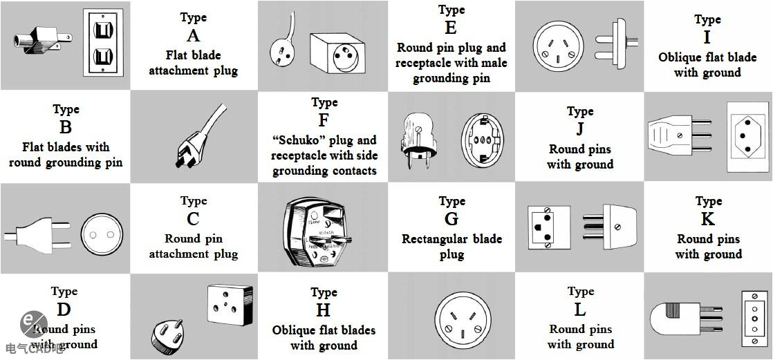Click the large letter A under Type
click(x=193, y=35)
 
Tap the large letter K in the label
click(x=708, y=219)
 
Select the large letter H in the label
click(x=324, y=310)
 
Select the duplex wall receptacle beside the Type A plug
click(x=103, y=42)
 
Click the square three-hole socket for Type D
click(x=230, y=303)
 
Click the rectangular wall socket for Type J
click(x=747, y=136)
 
